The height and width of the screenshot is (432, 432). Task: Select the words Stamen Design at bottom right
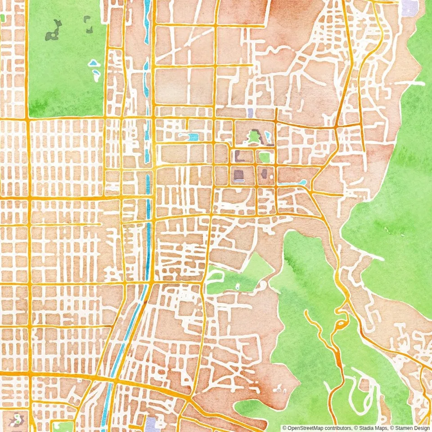pyautogui.click(x=412, y=428)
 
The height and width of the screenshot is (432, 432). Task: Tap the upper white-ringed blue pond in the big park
pyautogui.click(x=93, y=63)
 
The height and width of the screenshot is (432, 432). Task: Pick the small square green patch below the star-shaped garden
pyautogui.click(x=265, y=157)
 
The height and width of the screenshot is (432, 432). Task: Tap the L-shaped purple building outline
pyautogui.click(x=238, y=156)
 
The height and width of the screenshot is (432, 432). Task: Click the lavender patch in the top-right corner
pyautogui.click(x=409, y=7)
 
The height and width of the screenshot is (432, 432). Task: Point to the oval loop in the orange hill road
pyautogui.click(x=341, y=324)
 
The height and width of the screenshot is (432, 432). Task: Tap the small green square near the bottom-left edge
pyautogui.click(x=63, y=426)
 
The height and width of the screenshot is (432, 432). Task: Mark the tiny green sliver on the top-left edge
pyautogui.click(x=2, y=18)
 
